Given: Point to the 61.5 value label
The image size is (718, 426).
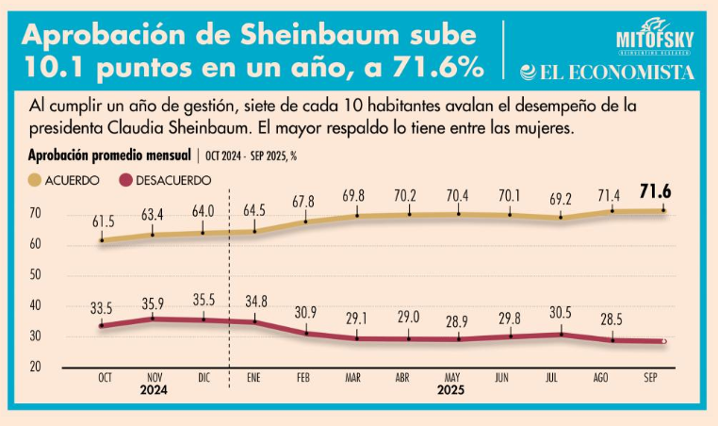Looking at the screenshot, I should click(103, 221).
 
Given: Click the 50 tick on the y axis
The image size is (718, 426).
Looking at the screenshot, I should click(34, 275).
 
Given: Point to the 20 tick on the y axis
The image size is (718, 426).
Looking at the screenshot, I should click(34, 367).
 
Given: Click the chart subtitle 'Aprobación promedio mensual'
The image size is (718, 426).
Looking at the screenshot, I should click(109, 154).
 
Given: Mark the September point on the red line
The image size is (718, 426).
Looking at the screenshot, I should click(663, 341).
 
